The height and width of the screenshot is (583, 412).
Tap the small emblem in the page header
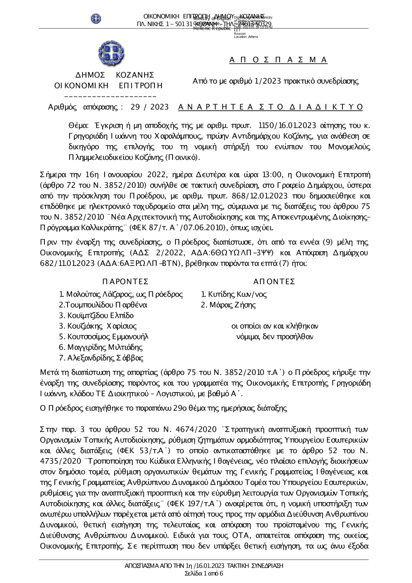96,18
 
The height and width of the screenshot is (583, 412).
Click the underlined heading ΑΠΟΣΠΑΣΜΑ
279,60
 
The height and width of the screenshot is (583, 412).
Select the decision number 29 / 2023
149,107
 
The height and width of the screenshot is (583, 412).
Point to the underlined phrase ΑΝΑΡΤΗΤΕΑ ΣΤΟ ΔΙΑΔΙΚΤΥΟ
271,107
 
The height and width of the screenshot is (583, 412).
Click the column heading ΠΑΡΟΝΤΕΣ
125,281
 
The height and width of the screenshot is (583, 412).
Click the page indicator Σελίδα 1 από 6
204,574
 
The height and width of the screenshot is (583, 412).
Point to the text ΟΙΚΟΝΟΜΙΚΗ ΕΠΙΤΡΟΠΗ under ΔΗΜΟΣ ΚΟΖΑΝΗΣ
108,86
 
